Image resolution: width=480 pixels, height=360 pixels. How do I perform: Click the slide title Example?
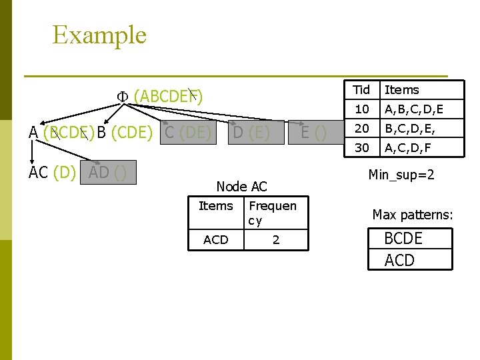pos(99,35)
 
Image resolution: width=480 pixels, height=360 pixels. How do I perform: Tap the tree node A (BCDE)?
pos(61,133)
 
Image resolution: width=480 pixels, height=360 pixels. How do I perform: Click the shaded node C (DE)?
pos(187,133)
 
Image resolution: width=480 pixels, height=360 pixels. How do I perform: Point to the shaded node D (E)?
pos(251,133)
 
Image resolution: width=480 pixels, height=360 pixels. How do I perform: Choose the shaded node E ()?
pos(313,133)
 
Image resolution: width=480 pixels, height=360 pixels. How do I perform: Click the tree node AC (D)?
pos(52,172)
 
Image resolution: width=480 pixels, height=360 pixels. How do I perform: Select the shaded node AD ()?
pos(108,172)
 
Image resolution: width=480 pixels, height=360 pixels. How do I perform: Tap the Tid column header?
pos(361,90)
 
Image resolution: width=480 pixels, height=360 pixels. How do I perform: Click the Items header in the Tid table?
pos(402,90)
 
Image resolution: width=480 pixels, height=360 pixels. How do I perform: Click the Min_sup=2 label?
pos(401,175)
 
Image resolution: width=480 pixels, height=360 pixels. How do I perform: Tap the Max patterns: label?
pos(413,215)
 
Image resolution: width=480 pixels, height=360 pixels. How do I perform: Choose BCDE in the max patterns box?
pos(403,239)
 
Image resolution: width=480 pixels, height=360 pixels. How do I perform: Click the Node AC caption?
pos(242,187)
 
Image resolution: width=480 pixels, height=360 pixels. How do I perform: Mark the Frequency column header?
pos(272,213)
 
